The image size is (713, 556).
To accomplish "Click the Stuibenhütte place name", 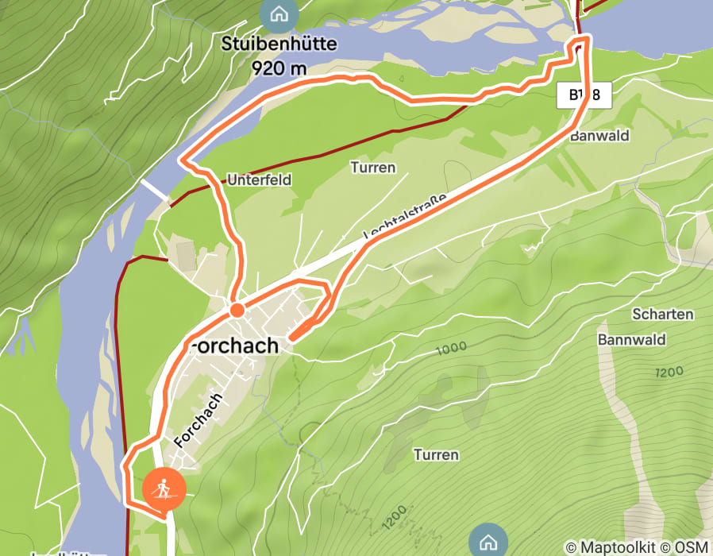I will (x=279, y=44).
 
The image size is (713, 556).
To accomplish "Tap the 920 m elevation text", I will (x=279, y=68).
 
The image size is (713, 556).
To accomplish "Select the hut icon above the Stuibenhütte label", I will (x=279, y=14).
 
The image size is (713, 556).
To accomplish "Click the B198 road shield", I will (x=584, y=96).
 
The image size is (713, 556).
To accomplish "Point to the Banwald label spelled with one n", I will (x=599, y=136).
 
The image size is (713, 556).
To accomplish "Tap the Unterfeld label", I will (x=260, y=180).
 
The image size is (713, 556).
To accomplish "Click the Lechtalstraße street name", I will (x=405, y=215).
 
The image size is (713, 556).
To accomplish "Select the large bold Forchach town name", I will (x=232, y=346).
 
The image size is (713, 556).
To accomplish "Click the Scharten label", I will (x=662, y=314).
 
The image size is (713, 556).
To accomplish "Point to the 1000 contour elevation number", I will (x=451, y=347).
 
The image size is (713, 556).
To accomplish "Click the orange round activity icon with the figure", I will (x=164, y=488).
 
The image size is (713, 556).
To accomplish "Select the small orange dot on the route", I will (x=237, y=309).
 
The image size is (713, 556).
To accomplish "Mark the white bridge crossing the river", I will (x=155, y=190).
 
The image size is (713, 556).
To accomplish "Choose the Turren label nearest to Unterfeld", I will (x=372, y=168).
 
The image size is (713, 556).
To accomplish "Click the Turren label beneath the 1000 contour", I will (x=436, y=455).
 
